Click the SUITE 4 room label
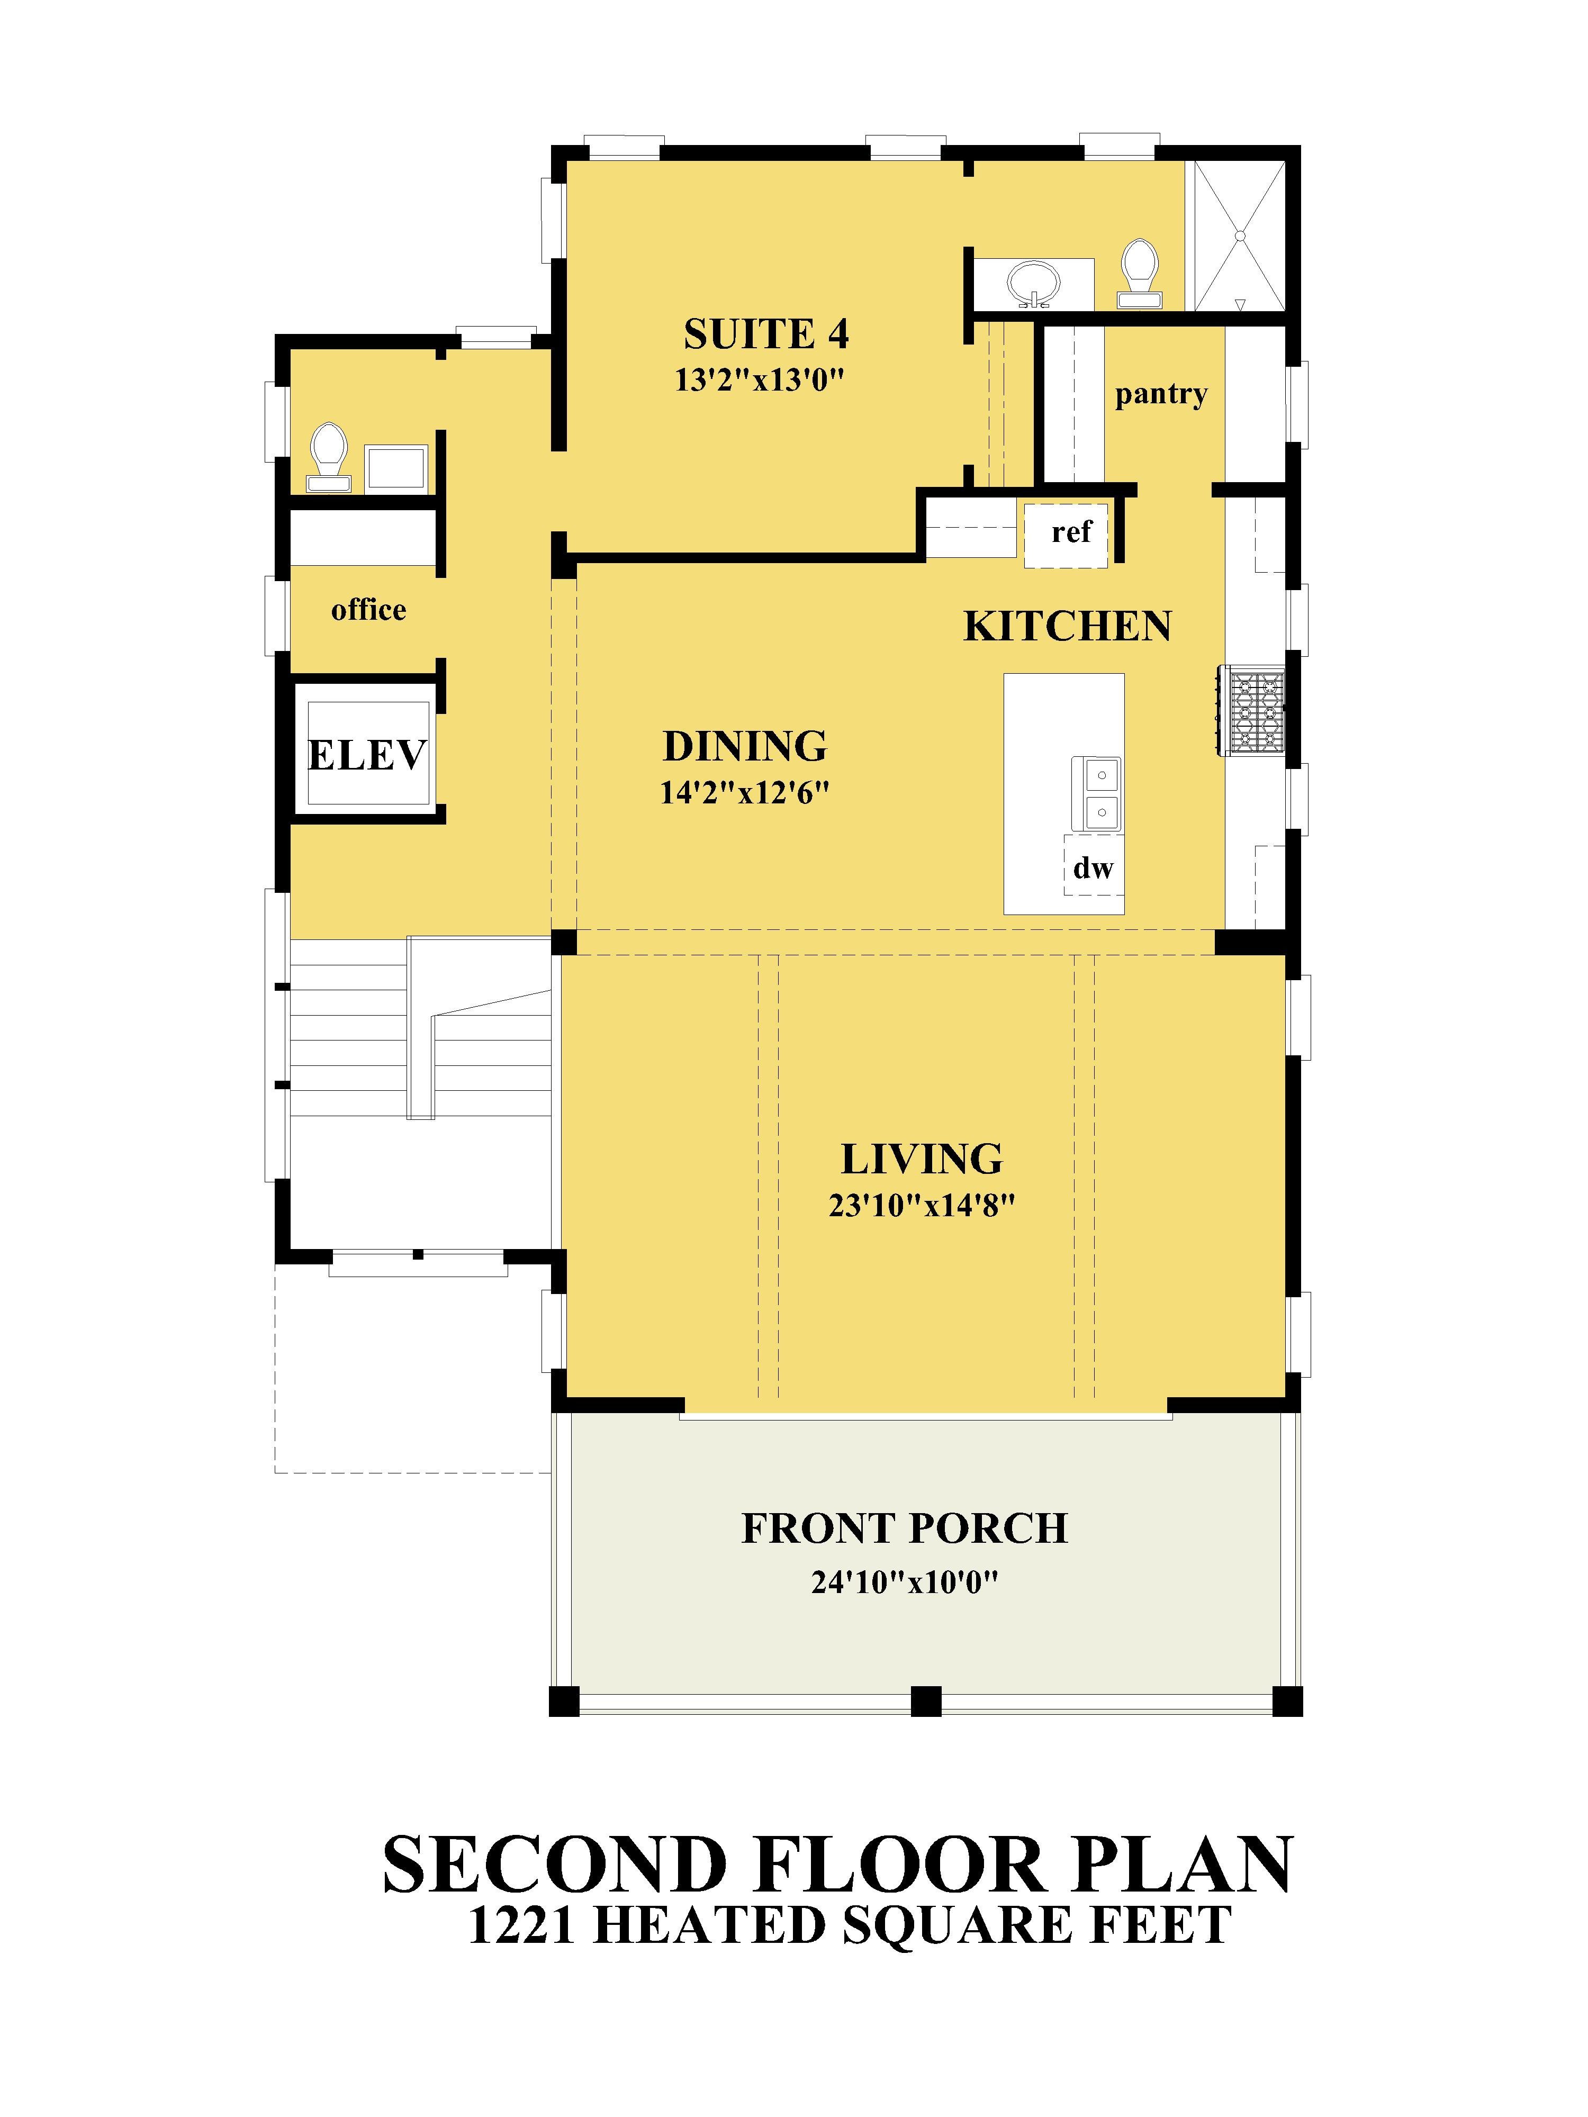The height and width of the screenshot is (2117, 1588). coord(766,334)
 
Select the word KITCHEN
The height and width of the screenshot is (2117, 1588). coord(1067,626)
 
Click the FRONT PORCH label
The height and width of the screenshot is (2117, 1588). coord(905,1528)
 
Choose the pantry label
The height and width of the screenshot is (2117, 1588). coord(1161,394)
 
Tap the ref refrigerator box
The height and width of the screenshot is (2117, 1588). coord(1066,535)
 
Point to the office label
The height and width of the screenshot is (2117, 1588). coord(368,610)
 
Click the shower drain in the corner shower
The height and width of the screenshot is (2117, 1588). coord(1240,234)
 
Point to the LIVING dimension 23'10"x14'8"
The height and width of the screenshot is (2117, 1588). coord(922,1205)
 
